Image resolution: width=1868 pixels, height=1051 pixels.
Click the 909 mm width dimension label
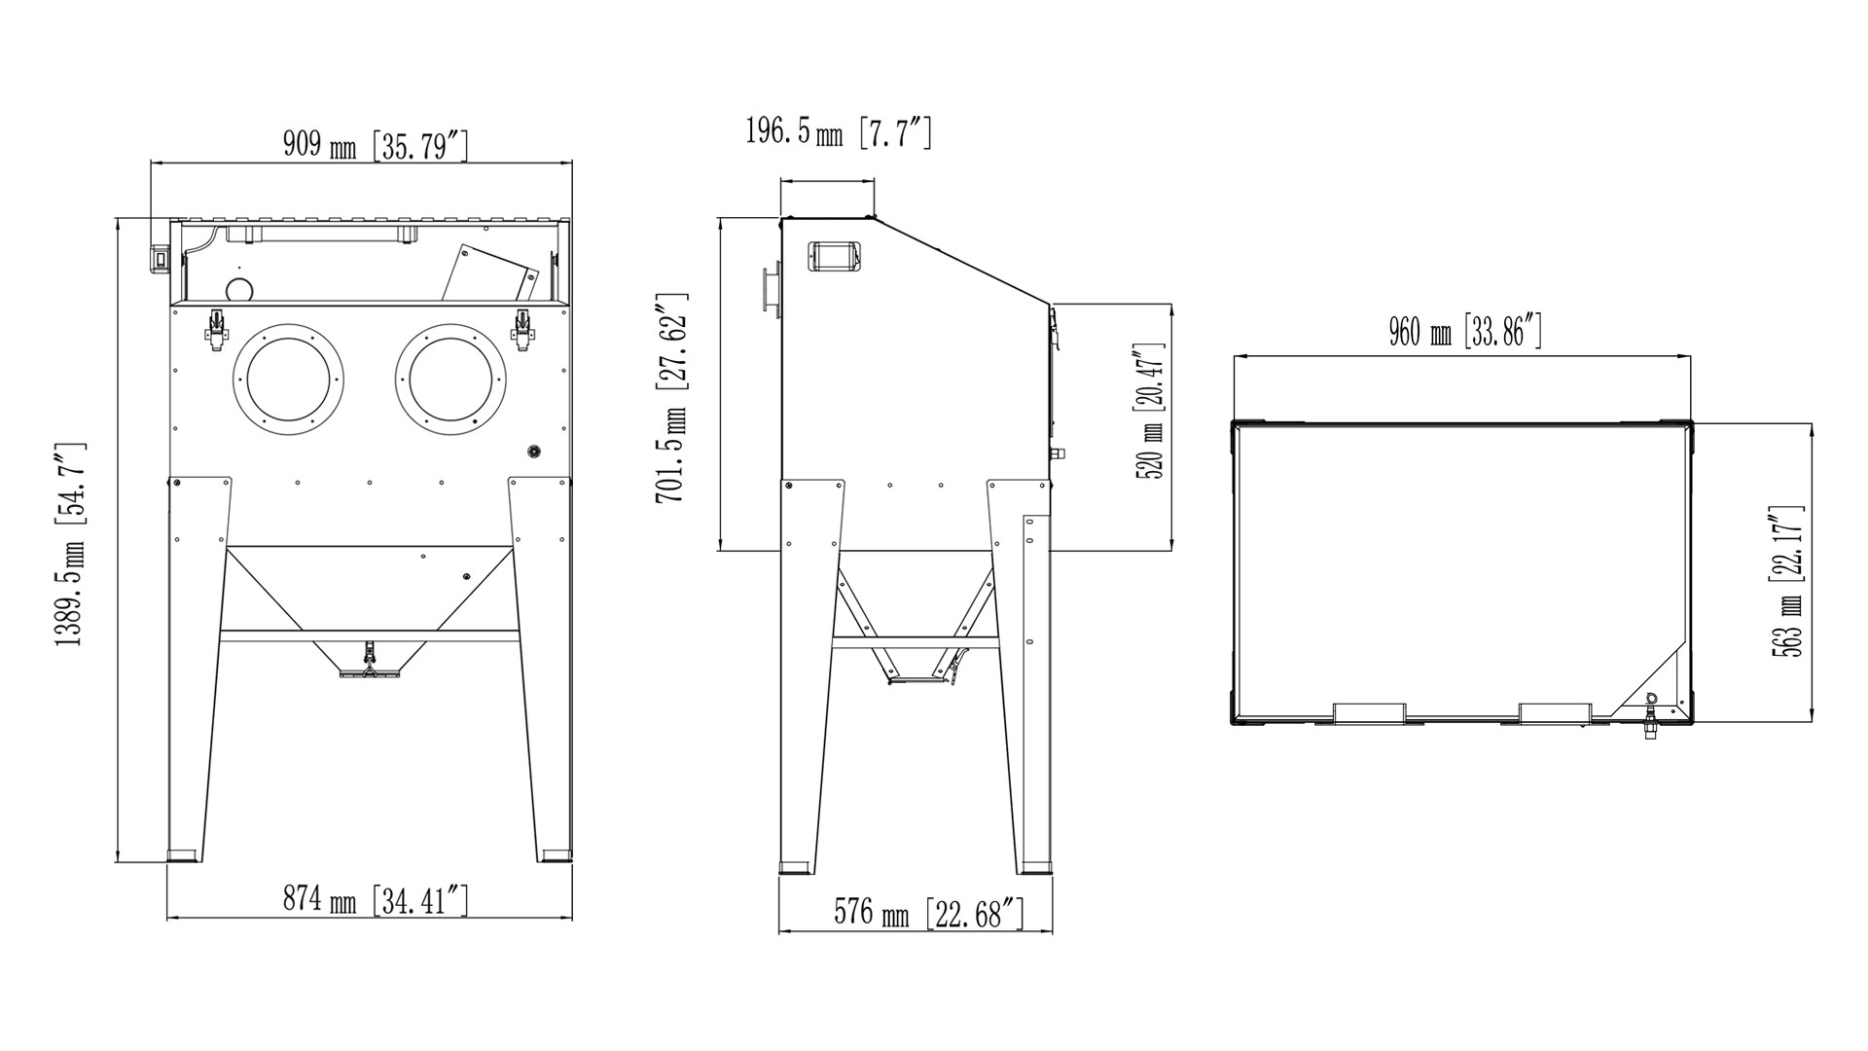click(x=377, y=145)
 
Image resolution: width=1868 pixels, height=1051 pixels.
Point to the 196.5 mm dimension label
click(x=839, y=131)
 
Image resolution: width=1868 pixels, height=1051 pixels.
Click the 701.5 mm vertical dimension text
click(x=672, y=398)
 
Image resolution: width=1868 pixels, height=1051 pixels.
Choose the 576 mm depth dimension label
click(x=929, y=914)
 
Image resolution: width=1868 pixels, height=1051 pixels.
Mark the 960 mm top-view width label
click(x=1465, y=333)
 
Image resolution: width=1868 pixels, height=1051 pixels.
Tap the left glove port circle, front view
click(x=289, y=378)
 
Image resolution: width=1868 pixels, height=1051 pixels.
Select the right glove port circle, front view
click(x=450, y=378)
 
